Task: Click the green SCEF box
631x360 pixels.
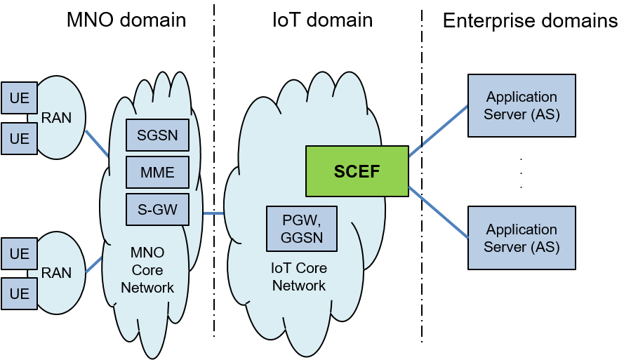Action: pyautogui.click(x=357, y=171)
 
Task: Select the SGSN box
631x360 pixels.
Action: pyautogui.click(x=157, y=135)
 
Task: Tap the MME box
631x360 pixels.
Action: pyautogui.click(x=157, y=172)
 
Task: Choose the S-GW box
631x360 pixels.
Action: pyautogui.click(x=157, y=209)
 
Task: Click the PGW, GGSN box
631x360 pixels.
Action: pyautogui.click(x=302, y=228)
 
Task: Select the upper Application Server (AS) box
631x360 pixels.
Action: pyautogui.click(x=522, y=105)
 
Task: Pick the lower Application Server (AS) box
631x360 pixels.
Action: pyautogui.click(x=522, y=238)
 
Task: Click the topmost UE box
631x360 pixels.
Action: pyautogui.click(x=19, y=98)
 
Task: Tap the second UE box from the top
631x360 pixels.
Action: pyautogui.click(x=19, y=139)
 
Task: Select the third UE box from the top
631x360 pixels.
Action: pyautogui.click(x=19, y=253)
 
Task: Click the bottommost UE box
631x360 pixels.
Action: pyautogui.click(x=19, y=293)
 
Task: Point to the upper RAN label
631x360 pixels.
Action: pyautogui.click(x=56, y=118)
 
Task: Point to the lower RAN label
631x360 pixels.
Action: pyautogui.click(x=56, y=272)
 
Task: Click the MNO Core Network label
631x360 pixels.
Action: pyautogui.click(x=147, y=270)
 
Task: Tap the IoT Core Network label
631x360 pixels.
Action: pyautogui.click(x=299, y=277)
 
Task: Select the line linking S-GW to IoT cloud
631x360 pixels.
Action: pyautogui.click(x=213, y=213)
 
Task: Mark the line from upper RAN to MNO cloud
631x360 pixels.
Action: pyautogui.click(x=97, y=143)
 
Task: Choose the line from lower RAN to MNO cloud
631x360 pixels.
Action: pyautogui.click(x=94, y=265)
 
